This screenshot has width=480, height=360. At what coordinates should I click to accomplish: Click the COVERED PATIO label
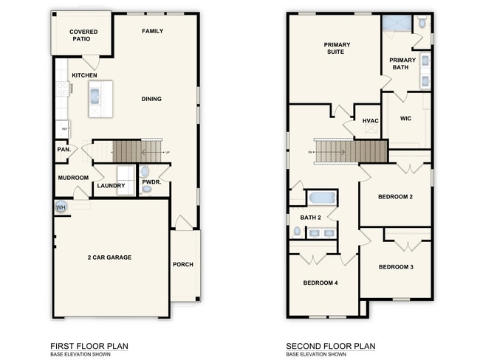83,35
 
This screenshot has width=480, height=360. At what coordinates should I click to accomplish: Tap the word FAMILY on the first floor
152,31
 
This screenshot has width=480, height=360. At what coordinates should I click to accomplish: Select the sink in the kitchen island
95,95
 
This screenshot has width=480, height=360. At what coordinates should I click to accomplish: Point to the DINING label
151,99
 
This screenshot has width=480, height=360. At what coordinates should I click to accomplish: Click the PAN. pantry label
63,150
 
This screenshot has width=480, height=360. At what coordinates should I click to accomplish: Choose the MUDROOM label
72,178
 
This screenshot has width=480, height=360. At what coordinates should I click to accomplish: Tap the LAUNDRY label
111,186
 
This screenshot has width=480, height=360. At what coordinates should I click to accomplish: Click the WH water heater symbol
61,207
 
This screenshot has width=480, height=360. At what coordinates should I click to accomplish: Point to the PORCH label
183,264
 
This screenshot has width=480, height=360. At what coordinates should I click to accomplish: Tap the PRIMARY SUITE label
337,48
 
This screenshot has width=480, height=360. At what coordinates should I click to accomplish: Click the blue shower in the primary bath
397,22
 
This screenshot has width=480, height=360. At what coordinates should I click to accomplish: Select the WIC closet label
405,118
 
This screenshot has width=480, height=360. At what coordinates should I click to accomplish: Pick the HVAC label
370,120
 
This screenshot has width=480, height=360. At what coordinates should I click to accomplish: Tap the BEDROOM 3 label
396,266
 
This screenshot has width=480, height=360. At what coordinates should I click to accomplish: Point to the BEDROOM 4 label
320,283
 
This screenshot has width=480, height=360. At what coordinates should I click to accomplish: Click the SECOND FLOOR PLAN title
331,346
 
